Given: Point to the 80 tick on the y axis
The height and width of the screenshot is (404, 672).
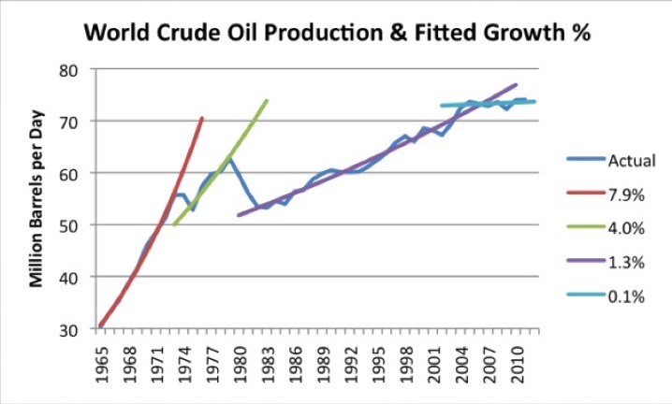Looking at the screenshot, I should coord(75,70).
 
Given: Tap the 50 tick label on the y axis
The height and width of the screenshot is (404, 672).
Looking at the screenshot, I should coord(75,225).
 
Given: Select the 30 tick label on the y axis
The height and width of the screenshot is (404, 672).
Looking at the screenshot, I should coord(75,329).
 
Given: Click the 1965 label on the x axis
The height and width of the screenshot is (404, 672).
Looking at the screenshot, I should coord(101,359).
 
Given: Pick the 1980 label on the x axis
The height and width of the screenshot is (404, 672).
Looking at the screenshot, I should coord(241,359).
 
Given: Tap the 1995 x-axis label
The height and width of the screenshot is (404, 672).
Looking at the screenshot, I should coord(381,359).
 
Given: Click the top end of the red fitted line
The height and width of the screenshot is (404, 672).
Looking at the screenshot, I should coord(202,118).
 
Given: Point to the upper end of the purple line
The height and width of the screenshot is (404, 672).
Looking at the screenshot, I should coord(517,85).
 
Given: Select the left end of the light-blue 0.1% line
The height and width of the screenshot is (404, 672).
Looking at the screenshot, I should coord(441,106).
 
